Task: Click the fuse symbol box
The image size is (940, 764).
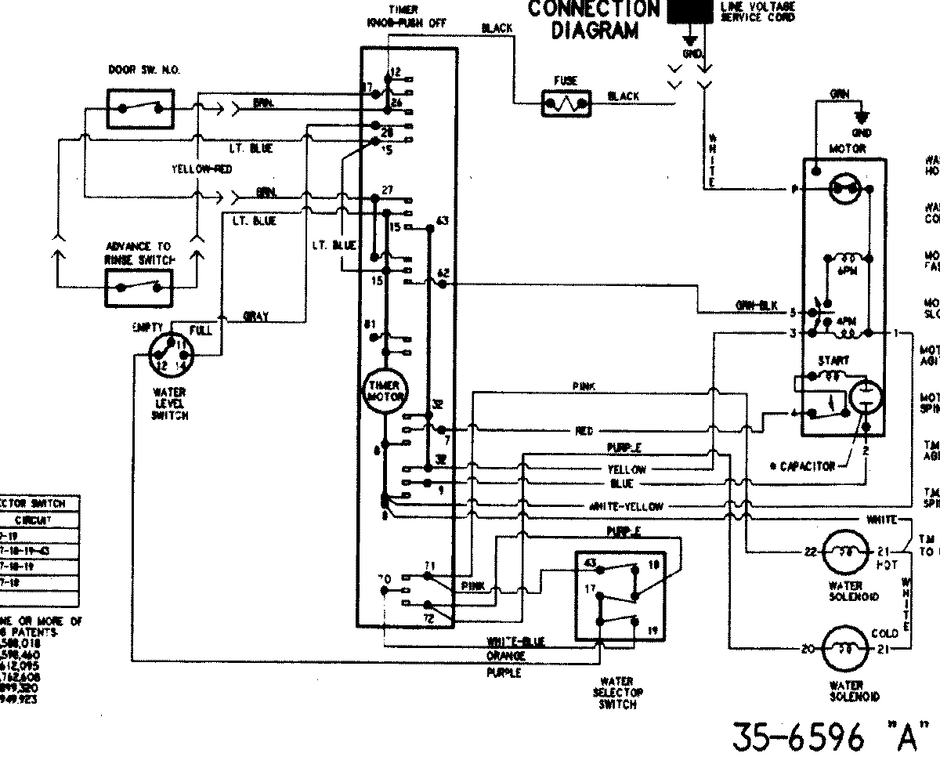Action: (x=566, y=103)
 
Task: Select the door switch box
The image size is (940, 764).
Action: (x=140, y=107)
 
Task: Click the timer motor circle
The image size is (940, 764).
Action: (x=383, y=390)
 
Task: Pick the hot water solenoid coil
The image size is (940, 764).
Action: (x=846, y=552)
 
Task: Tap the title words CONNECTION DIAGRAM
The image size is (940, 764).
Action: (x=593, y=20)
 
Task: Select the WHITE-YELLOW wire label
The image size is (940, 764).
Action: (x=626, y=506)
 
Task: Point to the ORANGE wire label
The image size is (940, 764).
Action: (x=506, y=656)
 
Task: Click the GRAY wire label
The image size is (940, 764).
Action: (x=256, y=317)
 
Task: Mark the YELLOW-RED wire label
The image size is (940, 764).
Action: (x=201, y=169)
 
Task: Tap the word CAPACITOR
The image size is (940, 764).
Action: (x=808, y=466)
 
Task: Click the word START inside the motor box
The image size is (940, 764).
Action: (x=833, y=360)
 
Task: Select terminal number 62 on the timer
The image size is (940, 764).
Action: (x=443, y=272)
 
